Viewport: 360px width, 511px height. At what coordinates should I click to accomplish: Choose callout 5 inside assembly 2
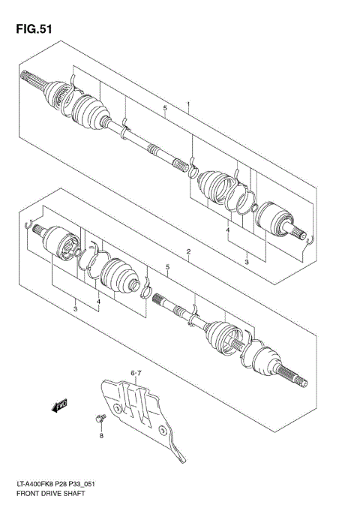[x=167, y=268]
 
